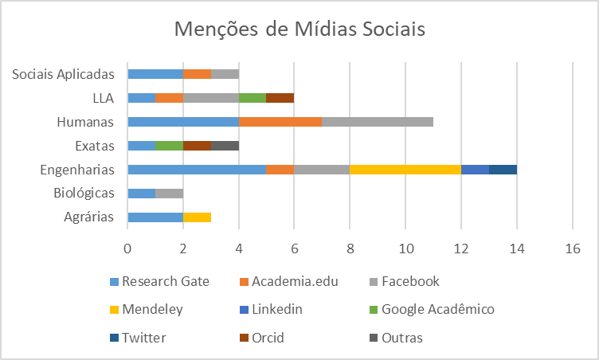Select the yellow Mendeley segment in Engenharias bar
(405, 170)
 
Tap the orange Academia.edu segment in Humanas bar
(280, 122)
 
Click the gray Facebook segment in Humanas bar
(378, 122)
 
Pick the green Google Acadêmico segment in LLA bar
(253, 98)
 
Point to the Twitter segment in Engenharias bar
(503, 170)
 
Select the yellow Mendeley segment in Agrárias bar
(197, 217)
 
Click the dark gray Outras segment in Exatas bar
(225, 146)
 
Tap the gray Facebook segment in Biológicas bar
(169, 194)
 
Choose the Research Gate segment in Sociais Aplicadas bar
(155, 74)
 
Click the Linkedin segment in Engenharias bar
(475, 170)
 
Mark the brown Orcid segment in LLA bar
(280, 98)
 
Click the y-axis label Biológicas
(84, 194)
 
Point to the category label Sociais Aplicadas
(65, 74)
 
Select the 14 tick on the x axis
(517, 248)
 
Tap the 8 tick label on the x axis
(350, 248)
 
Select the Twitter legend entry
(139, 338)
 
